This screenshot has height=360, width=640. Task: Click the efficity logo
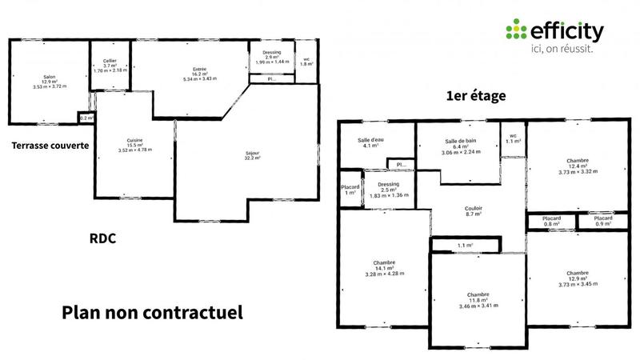[554, 32]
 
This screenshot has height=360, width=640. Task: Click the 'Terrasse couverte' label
[50, 146]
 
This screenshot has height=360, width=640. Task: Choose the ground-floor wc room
[306, 61]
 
